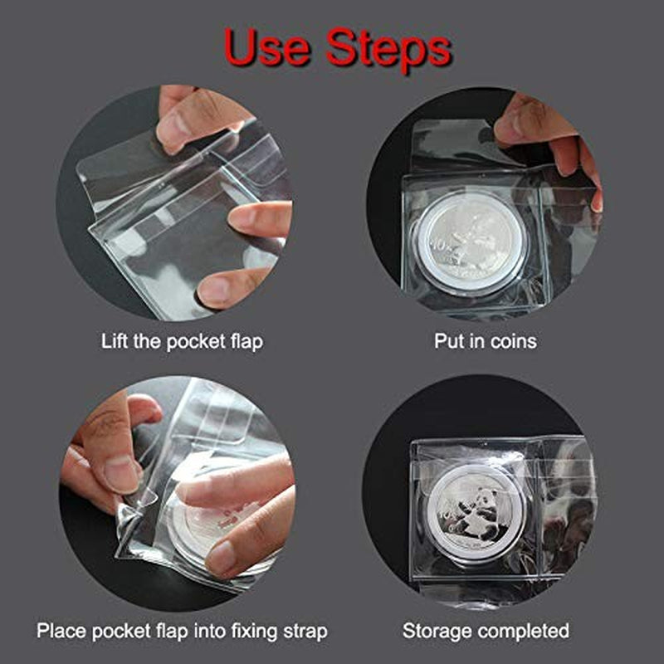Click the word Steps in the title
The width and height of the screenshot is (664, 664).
pyautogui.click(x=388, y=50)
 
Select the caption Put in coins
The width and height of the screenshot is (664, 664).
pyautogui.click(x=486, y=341)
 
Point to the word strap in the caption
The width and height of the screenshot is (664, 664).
pyautogui.click(x=304, y=631)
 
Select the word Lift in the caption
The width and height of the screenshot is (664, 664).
pyautogui.click(x=115, y=341)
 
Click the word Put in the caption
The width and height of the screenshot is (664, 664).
pyautogui.click(x=449, y=341)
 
